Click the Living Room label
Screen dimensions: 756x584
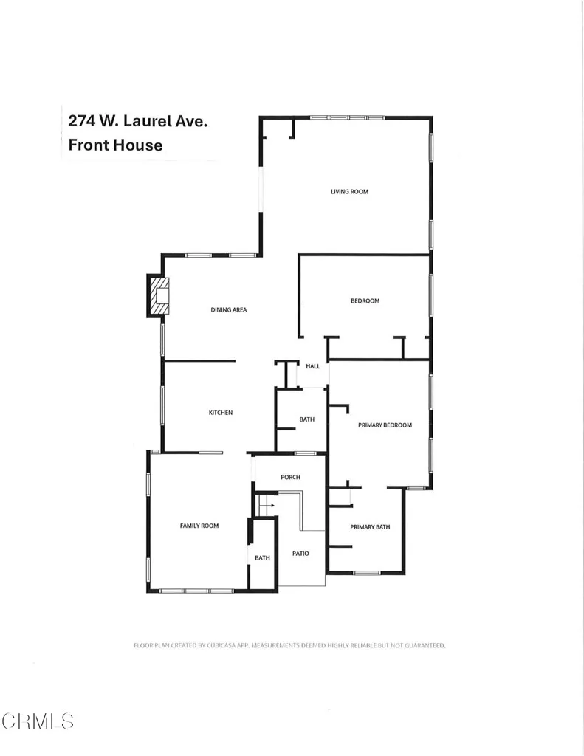[349, 192]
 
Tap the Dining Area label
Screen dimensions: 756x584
[229, 309]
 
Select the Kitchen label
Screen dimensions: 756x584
[220, 413]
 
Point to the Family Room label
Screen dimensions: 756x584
[199, 526]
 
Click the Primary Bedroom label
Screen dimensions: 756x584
[385, 425]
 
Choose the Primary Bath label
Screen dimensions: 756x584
[370, 527]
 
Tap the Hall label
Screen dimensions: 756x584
[312, 366]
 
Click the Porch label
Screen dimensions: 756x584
[290, 477]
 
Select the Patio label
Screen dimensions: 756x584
[300, 553]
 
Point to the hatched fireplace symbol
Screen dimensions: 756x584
[159, 296]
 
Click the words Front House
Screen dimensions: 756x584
[115, 145]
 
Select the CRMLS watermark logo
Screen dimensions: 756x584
[38, 721]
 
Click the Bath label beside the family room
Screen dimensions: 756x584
[262, 558]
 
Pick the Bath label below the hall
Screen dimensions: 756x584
[306, 419]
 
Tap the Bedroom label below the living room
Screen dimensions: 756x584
[365, 300]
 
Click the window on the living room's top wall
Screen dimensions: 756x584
[346, 117]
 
